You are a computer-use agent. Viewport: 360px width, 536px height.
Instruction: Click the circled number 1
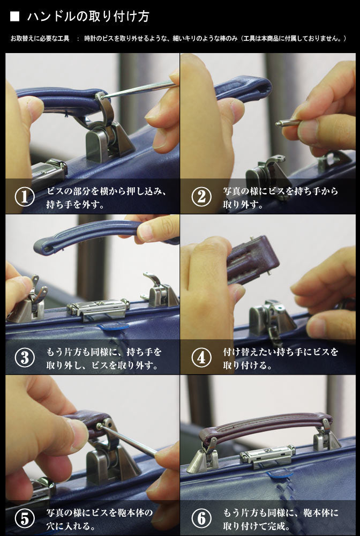click(25, 197)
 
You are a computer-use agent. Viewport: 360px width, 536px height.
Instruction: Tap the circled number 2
click(201, 197)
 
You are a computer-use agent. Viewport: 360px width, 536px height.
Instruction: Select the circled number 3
click(25, 358)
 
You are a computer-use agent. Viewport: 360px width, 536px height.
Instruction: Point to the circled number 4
click(201, 358)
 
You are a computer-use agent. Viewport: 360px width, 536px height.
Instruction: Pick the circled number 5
click(25, 518)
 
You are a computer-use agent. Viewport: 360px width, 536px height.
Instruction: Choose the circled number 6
click(201, 518)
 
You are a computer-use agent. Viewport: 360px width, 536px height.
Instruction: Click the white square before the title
click(14, 17)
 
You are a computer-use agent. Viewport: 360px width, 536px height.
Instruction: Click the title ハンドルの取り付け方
click(88, 17)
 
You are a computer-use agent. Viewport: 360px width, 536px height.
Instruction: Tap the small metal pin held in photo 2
click(288, 122)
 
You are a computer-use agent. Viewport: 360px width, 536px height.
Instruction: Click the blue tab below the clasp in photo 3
click(114, 326)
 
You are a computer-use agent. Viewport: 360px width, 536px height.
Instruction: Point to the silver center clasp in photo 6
click(267, 456)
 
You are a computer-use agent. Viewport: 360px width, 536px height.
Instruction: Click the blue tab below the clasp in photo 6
click(280, 474)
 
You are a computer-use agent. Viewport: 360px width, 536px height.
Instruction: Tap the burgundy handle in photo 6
click(266, 426)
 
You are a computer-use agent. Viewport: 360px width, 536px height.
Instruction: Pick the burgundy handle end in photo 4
click(253, 260)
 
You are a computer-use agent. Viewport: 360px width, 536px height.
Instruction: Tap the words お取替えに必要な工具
click(40, 38)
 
